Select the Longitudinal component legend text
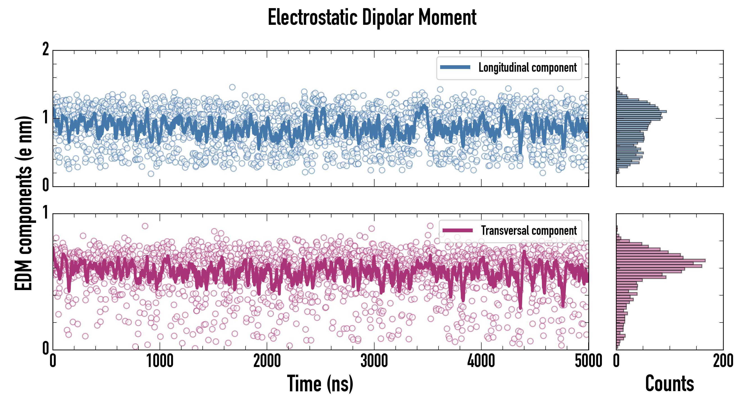point(527,68)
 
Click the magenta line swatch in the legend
point(457,230)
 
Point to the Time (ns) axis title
point(320,383)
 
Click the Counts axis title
point(669,383)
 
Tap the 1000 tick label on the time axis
point(160,361)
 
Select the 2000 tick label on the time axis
point(267,361)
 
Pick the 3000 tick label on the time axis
point(374,361)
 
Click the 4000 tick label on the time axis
point(481,361)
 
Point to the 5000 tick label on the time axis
point(588,361)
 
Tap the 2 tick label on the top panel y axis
point(46,49)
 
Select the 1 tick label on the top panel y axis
point(46,118)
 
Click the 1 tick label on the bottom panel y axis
point(46,213)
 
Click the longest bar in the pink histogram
point(661,260)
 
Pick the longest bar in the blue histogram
point(641,111)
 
